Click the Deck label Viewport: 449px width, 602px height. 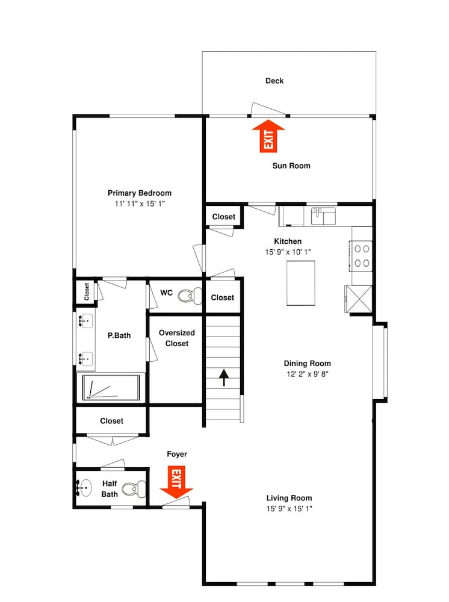pyautogui.click(x=274, y=81)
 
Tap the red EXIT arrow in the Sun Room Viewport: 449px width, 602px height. pyautogui.click(x=268, y=136)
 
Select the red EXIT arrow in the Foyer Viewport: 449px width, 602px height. pyautogui.click(x=176, y=482)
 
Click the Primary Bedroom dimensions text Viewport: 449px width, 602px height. pyautogui.click(x=140, y=204)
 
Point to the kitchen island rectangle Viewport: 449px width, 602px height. pyautogui.click(x=301, y=284)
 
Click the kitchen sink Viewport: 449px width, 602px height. pyautogui.click(x=323, y=216)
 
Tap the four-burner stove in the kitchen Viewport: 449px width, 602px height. pyautogui.click(x=361, y=256)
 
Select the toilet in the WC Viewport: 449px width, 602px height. pyautogui.click(x=190, y=296)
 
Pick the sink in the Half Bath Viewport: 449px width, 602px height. pyautogui.click(x=84, y=488)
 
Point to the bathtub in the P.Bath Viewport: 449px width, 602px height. pyautogui.click(x=111, y=387)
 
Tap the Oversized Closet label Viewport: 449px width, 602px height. pyautogui.click(x=177, y=338)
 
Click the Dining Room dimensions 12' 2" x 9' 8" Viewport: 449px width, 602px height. pyautogui.click(x=308, y=374)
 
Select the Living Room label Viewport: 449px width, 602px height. pyautogui.click(x=290, y=498)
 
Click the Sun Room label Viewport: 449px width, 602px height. pyautogui.click(x=291, y=166)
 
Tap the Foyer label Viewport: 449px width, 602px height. pyautogui.click(x=177, y=454)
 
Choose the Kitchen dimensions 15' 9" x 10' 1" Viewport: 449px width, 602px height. pyautogui.click(x=288, y=252)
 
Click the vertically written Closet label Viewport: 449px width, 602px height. pyautogui.click(x=86, y=292)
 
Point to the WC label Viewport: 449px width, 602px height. pyautogui.click(x=166, y=293)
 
